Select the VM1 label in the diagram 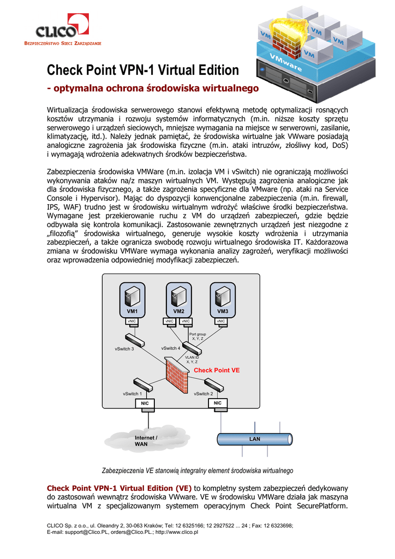click(x=133, y=311)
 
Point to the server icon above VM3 click(x=223, y=296)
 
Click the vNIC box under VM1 click(x=132, y=321)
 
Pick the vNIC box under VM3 click(x=222, y=321)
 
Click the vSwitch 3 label click(x=124, y=349)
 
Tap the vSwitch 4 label click(x=171, y=348)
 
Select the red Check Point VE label click(x=217, y=370)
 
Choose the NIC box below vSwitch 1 click(x=145, y=403)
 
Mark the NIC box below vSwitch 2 click(x=218, y=403)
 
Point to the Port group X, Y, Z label click(x=197, y=336)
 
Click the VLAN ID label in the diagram click(x=192, y=359)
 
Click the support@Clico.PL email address click(x=83, y=532)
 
